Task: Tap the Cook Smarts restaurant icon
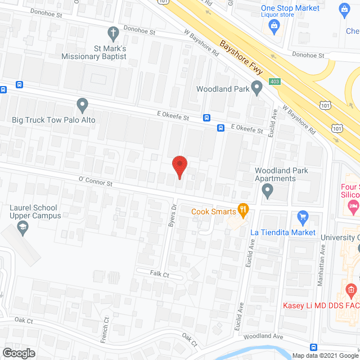(x=243, y=210)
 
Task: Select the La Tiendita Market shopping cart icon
(x=303, y=217)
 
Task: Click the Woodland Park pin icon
(x=257, y=88)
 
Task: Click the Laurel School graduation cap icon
(x=23, y=227)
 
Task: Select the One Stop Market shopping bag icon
(x=274, y=25)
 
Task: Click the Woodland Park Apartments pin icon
(x=268, y=192)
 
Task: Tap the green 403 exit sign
(x=274, y=82)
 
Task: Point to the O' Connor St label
(x=96, y=182)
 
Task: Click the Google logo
(x=18, y=353)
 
